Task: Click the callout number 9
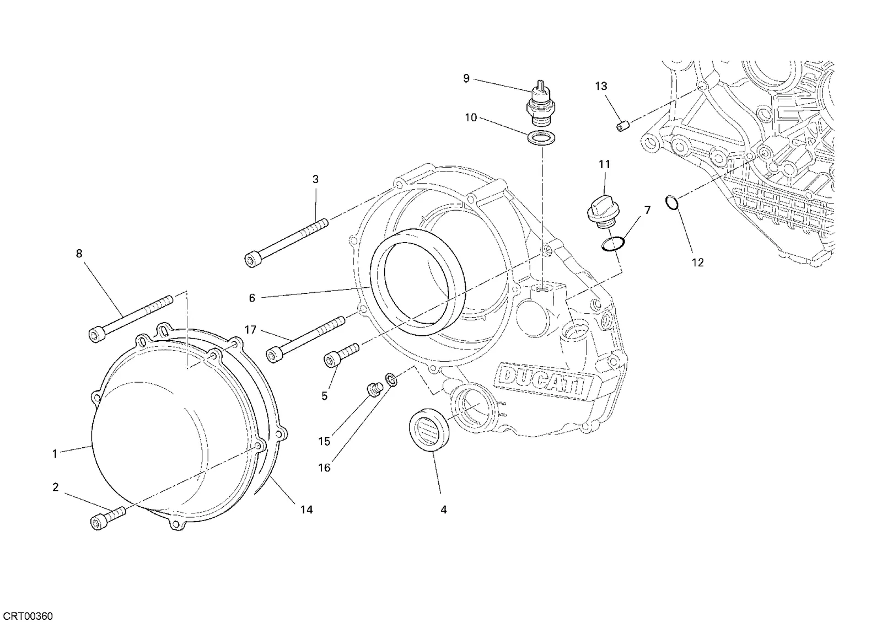point(466,78)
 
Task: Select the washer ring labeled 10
point(540,138)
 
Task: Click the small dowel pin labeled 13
point(623,126)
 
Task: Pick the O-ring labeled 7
point(613,244)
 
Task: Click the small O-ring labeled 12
point(672,202)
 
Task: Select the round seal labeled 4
point(429,430)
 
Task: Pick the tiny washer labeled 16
point(391,379)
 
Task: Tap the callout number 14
point(306,510)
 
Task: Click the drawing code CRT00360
point(27,616)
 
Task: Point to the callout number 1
point(55,454)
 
